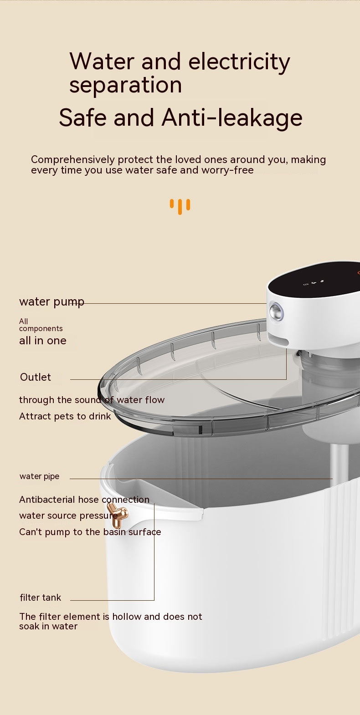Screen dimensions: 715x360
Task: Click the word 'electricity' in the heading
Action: [x=239, y=61]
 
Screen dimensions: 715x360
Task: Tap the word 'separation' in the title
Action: [x=125, y=85]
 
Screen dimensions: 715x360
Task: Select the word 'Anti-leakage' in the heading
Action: [x=232, y=117]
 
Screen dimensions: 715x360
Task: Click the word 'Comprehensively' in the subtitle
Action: [x=72, y=160]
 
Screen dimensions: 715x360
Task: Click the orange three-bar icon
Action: [x=180, y=206]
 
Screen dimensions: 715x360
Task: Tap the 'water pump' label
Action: [x=51, y=302]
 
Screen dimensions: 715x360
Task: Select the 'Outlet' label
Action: [x=36, y=377]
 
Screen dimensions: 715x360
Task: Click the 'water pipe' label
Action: [x=39, y=476]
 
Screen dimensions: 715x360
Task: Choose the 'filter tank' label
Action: [x=40, y=598]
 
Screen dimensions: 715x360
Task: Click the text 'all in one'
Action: [x=43, y=341]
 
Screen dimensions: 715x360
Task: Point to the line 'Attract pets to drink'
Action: [x=65, y=416]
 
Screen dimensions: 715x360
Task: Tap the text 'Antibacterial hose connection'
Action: [x=84, y=500]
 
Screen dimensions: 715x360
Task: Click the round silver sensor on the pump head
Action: [x=276, y=312]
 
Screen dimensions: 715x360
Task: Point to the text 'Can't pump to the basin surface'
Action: [x=90, y=532]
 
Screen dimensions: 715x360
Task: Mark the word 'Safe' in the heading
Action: [x=84, y=117]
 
